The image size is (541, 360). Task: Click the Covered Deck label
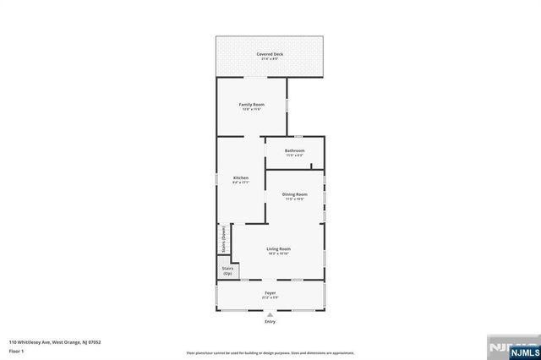pyautogui.click(x=270, y=54)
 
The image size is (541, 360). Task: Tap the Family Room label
pyautogui.click(x=252, y=104)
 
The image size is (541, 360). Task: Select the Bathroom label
pyautogui.click(x=294, y=150)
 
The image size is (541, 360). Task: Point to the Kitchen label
pyautogui.click(x=241, y=177)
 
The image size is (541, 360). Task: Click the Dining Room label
pyautogui.click(x=295, y=194)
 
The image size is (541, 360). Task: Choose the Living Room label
pyautogui.click(x=279, y=248)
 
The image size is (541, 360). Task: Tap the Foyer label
pyautogui.click(x=270, y=292)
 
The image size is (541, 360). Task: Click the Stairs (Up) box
pyautogui.click(x=227, y=271)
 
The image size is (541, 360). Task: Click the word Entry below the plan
pyautogui.click(x=270, y=322)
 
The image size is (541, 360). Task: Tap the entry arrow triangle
pyautogui.click(x=270, y=314)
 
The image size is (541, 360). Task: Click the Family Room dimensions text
pyautogui.click(x=252, y=109)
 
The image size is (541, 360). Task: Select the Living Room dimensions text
pyautogui.click(x=279, y=254)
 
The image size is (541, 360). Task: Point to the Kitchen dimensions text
pyautogui.click(x=241, y=183)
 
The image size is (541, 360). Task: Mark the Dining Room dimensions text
pyautogui.click(x=295, y=199)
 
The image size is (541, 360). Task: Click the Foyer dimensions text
pyautogui.click(x=270, y=297)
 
